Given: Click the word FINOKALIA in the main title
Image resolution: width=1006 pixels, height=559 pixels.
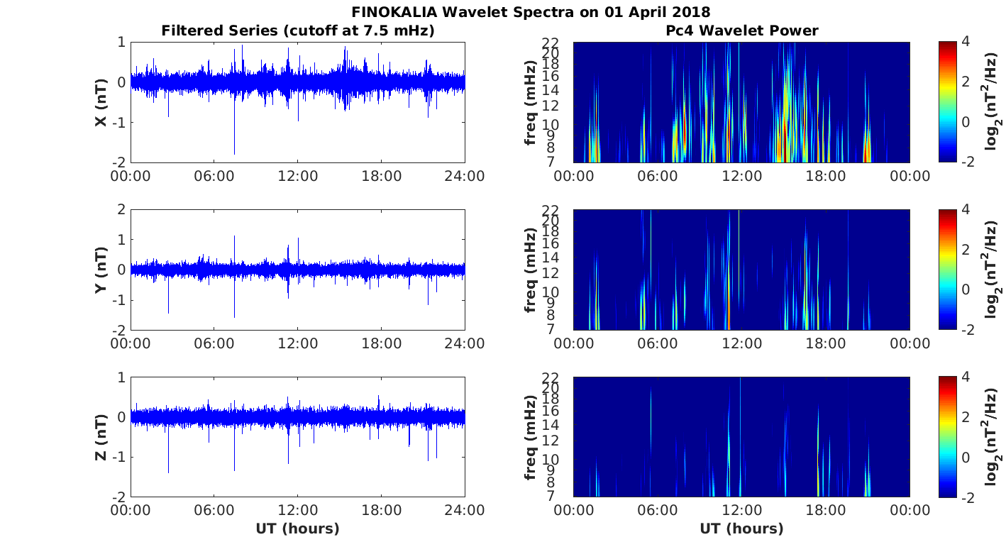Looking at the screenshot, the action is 394,12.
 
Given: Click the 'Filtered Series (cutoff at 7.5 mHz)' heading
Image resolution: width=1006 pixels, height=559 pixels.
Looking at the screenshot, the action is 298,31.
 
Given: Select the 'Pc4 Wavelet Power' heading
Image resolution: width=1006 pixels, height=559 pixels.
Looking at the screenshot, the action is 741,31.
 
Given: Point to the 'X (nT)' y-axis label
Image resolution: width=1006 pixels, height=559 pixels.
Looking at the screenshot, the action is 101,102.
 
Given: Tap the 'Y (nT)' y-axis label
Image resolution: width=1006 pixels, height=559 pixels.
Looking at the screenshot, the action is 101,270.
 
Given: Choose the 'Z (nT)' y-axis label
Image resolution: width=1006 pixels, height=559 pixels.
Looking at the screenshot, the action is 101,437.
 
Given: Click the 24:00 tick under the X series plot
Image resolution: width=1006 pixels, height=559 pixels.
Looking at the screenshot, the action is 465,176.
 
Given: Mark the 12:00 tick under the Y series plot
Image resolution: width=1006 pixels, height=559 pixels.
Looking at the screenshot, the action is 297,343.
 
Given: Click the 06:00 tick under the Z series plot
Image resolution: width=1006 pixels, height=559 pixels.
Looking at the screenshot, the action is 214,511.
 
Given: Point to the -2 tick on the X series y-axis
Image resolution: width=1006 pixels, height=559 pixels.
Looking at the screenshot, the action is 118,162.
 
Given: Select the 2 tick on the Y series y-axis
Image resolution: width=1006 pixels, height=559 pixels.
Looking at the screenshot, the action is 122,209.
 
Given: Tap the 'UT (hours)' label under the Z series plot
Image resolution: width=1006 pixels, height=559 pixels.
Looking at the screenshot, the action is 297,528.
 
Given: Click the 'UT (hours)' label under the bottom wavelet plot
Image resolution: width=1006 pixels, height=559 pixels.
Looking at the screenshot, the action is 741,528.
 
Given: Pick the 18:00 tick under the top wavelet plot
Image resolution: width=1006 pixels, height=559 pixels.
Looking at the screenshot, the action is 826,176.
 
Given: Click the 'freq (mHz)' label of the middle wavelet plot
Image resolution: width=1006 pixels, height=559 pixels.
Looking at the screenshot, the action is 531,270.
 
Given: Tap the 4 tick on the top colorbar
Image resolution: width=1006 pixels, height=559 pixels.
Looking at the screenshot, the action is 966,42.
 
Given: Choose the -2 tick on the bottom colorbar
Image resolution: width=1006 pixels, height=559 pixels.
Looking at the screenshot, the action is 967,497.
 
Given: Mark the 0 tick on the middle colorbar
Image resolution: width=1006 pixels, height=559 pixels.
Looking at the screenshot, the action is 966,289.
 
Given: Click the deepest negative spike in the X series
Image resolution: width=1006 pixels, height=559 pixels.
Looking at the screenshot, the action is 234,154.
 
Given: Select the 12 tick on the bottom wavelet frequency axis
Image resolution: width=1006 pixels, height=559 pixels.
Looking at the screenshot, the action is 551,441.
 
